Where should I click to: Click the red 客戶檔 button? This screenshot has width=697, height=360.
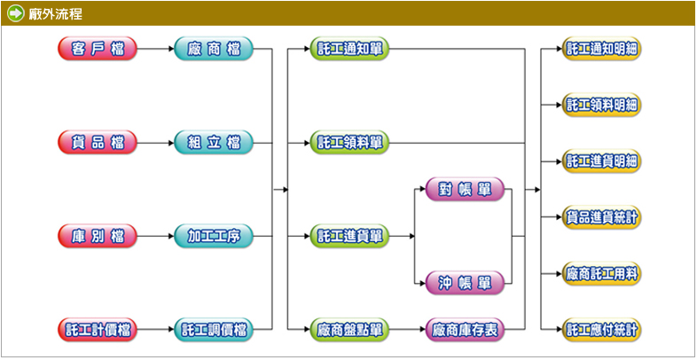pos(98,49)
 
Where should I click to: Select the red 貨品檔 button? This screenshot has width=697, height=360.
pos(98,142)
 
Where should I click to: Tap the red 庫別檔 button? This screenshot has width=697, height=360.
pos(98,236)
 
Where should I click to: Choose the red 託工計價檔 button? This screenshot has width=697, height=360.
pos(98,330)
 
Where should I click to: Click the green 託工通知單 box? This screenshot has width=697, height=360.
pos(349,49)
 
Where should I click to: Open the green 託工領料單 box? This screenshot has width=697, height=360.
pos(349,142)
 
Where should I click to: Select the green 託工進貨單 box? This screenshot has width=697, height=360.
pos(349,236)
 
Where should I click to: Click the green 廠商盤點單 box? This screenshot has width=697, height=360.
pos(349,330)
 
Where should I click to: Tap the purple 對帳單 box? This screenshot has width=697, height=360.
pos(465,189)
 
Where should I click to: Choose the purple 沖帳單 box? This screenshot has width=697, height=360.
pos(465,283)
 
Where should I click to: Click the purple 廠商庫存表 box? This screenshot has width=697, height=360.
pos(465,330)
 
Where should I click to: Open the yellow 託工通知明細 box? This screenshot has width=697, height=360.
pos(602,49)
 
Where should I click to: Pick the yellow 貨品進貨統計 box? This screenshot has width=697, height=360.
pos(602,217)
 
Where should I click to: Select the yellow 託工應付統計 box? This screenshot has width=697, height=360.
pos(602,330)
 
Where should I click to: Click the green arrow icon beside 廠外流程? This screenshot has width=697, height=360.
pos(15,12)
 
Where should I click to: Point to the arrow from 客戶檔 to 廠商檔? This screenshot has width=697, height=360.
pos(156,49)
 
